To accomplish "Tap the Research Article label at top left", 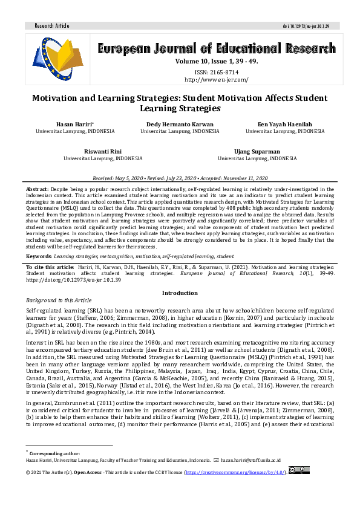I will (52, 26).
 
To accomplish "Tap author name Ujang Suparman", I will (257, 151).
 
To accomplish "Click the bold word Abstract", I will (38, 189).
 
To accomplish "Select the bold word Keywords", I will (39, 256).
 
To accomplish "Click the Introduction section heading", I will (180, 293).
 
